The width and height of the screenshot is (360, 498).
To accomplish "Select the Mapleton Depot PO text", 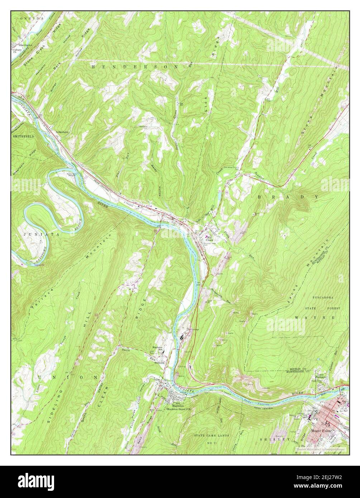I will pos(180,408).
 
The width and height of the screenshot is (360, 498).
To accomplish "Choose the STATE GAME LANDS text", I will pos(211,436).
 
